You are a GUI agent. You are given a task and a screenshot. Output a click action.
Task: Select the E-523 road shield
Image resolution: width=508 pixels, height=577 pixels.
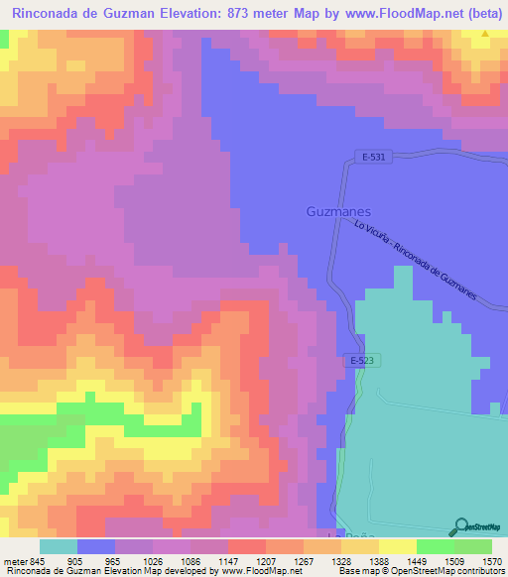360,360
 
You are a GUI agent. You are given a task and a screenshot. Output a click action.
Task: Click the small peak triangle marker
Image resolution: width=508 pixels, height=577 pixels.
485,35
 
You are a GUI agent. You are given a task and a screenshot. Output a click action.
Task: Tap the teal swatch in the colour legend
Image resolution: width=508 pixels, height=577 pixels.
59,545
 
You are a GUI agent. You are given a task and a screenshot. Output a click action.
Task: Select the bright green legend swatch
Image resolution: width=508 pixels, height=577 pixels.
435,545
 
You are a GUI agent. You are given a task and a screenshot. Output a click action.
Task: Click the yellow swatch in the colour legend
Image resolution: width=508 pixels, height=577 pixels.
397,545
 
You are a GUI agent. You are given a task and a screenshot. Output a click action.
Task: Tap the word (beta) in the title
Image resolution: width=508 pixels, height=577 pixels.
480,11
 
